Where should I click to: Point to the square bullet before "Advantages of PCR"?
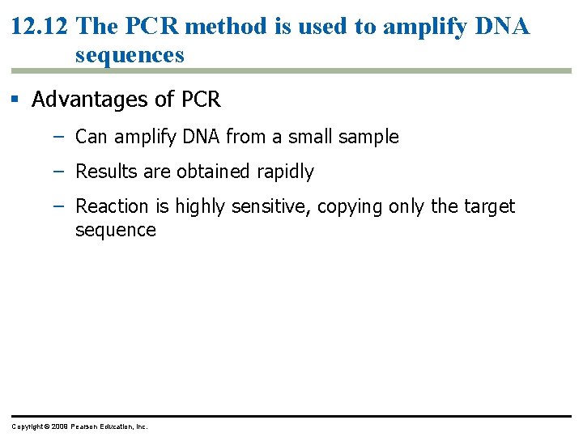pos(15,100)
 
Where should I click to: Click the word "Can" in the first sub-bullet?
pos(91,138)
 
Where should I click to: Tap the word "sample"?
pos(370,138)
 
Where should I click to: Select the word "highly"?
pos(201,206)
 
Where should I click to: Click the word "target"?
pos(489,206)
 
